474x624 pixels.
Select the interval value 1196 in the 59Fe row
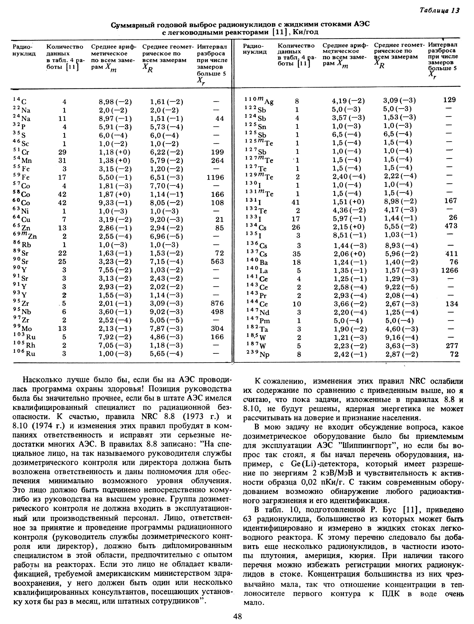click(215, 178)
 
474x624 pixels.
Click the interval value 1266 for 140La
click(450, 271)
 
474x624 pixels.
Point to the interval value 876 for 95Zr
click(217, 303)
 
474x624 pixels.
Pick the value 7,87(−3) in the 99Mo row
click(166, 329)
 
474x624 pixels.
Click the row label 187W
click(254, 346)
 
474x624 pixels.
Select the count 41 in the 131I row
click(295, 202)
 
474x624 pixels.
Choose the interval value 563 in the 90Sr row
click(217, 261)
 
